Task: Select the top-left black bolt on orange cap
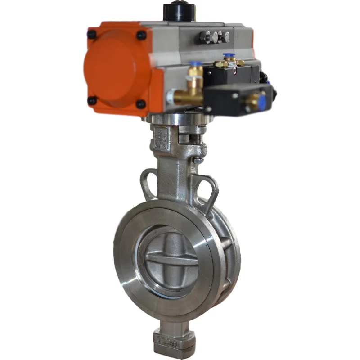(91, 34)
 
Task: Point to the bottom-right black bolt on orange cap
(141, 104)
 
